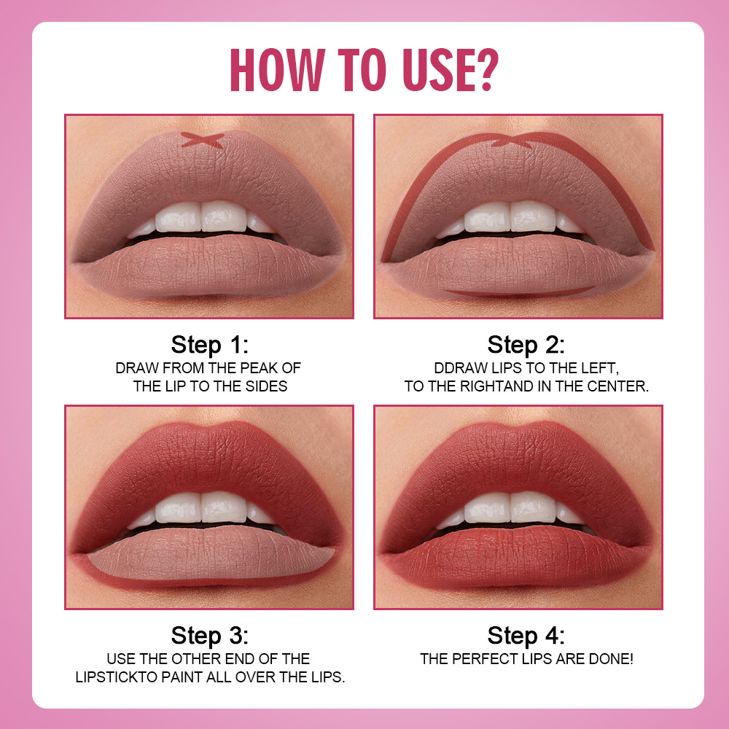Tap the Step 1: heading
click(x=210, y=344)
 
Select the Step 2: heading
click(x=526, y=344)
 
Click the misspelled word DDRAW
click(x=461, y=368)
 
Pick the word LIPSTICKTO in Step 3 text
click(x=117, y=677)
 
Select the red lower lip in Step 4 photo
click(x=518, y=561)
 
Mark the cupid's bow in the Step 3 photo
click(x=209, y=429)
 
